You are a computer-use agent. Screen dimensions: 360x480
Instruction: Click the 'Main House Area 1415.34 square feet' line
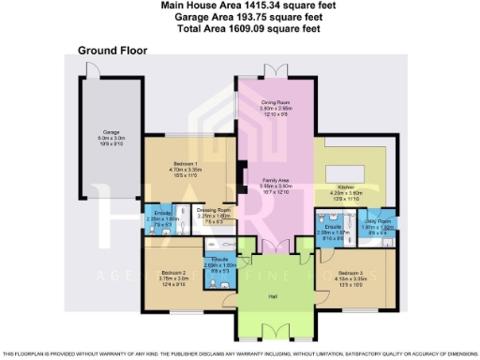point(239,7)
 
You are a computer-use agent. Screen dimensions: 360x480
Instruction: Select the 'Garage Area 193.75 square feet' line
point(239,18)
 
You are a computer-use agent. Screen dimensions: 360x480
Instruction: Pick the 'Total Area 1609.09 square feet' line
point(239,29)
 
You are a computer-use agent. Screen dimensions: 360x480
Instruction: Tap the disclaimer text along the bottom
point(239,353)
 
